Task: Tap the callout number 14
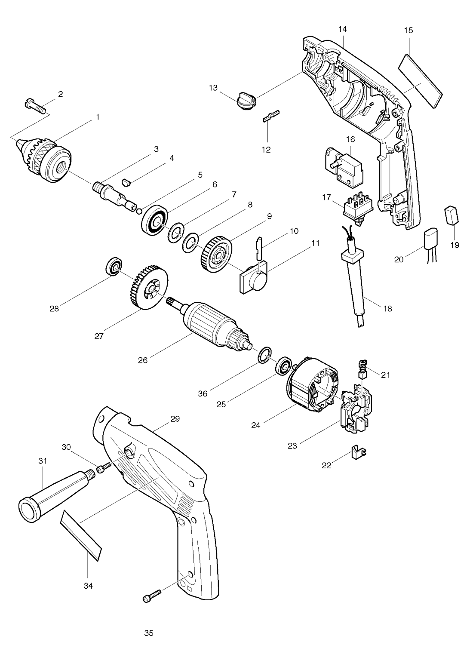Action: [343, 29]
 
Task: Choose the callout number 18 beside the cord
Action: [388, 309]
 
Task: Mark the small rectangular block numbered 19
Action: [451, 215]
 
